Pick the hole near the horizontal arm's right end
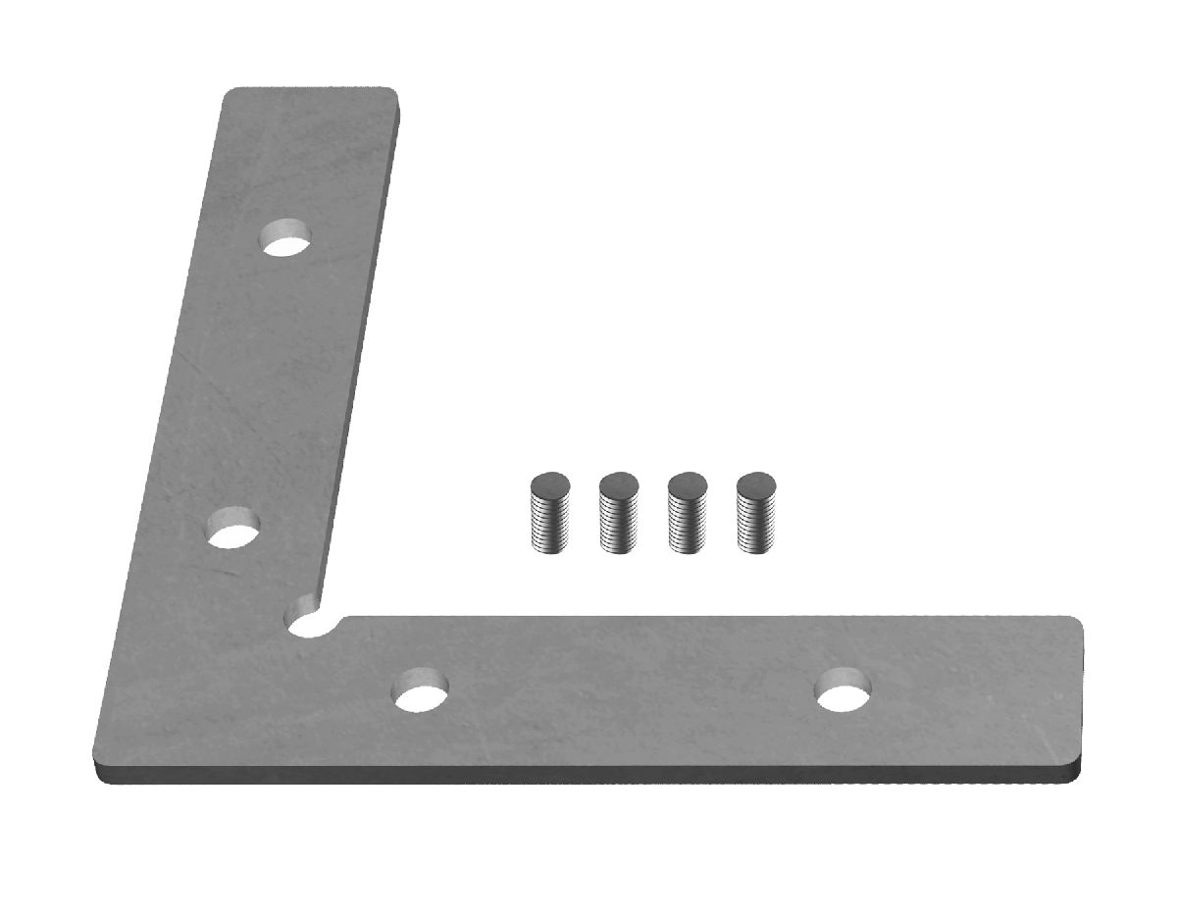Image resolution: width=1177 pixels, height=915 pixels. point(844,689)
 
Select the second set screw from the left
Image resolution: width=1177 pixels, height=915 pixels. point(618,513)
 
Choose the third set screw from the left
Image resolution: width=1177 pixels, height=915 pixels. point(687,513)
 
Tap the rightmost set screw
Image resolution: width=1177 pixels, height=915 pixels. point(756,513)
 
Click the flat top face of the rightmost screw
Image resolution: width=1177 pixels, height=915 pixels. point(756,483)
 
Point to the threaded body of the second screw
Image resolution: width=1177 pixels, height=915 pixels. point(618,525)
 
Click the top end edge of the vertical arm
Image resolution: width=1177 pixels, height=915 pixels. point(312,89)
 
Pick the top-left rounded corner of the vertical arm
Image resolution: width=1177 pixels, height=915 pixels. point(228,94)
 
